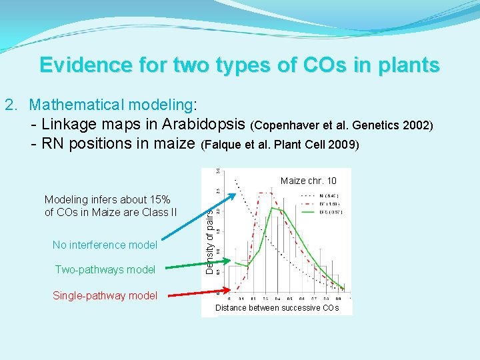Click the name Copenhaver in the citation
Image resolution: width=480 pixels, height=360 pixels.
click(283, 125)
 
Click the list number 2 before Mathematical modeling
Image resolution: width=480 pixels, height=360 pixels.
click(9, 105)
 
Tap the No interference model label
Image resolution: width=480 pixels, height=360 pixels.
click(105, 245)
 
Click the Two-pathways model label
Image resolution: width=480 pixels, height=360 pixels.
click(105, 269)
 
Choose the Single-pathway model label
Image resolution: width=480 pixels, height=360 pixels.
click(105, 295)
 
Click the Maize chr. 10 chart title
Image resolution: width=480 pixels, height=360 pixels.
click(309, 181)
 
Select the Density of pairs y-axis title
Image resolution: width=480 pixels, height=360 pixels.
click(209, 241)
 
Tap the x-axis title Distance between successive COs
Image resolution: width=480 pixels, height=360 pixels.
click(277, 307)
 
